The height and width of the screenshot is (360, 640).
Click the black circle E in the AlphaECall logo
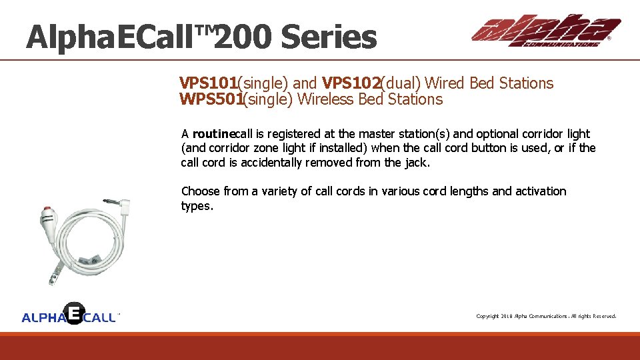[x=75, y=312]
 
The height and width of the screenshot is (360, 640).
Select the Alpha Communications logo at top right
[x=545, y=31]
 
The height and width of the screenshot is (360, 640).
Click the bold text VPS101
[x=208, y=83]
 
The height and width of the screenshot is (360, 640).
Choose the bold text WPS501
[x=210, y=100]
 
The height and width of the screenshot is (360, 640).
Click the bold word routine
[x=213, y=134]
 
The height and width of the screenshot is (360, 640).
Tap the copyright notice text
[x=546, y=316]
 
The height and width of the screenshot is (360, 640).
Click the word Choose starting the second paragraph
[x=200, y=191]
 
